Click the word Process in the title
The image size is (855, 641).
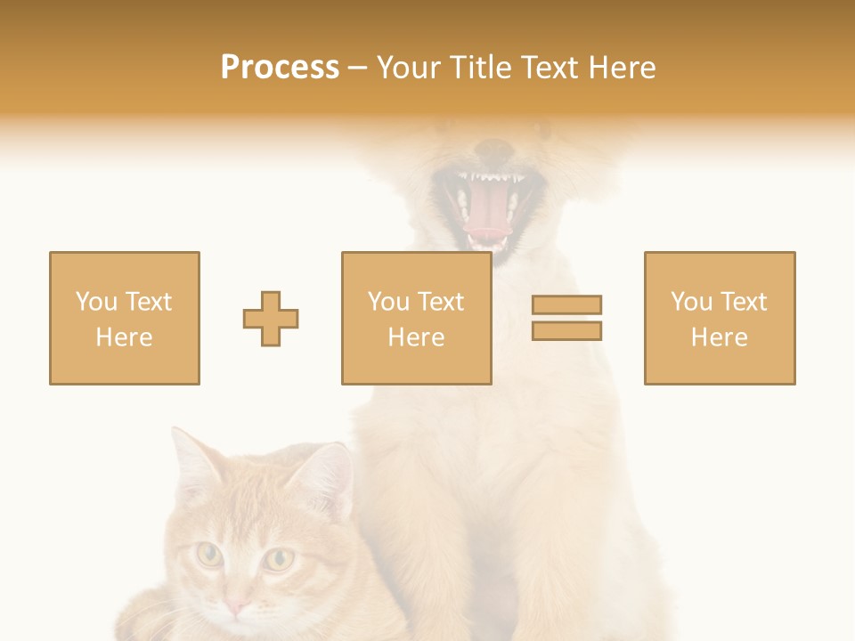click(x=280, y=68)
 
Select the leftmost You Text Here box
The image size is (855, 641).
click(x=125, y=318)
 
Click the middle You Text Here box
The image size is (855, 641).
click(x=416, y=318)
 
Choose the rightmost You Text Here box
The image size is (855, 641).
click(x=719, y=318)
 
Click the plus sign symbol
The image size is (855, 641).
click(x=271, y=319)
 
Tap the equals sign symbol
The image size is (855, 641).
click(x=566, y=318)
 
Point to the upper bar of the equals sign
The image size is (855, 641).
click(x=566, y=305)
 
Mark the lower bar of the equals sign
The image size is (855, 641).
click(x=566, y=331)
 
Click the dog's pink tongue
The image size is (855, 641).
click(x=486, y=219)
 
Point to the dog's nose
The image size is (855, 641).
click(x=492, y=148)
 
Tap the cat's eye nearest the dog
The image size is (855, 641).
click(x=280, y=559)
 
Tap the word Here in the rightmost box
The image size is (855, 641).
click(x=719, y=337)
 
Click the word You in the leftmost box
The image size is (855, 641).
click(x=95, y=302)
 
